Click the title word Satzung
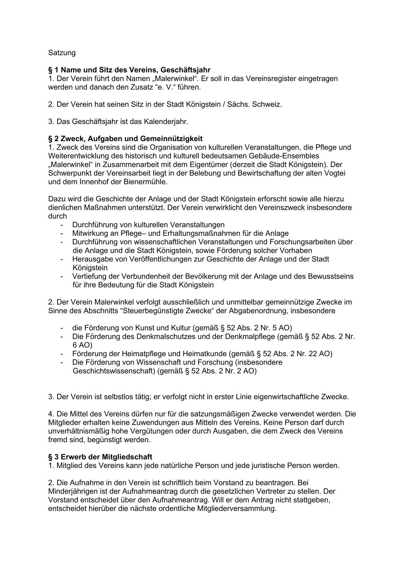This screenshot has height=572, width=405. point(62,53)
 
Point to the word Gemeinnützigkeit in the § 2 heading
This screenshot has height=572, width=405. point(172,139)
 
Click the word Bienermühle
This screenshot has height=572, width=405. point(148,182)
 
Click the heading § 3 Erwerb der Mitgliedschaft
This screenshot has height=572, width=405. point(100,457)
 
